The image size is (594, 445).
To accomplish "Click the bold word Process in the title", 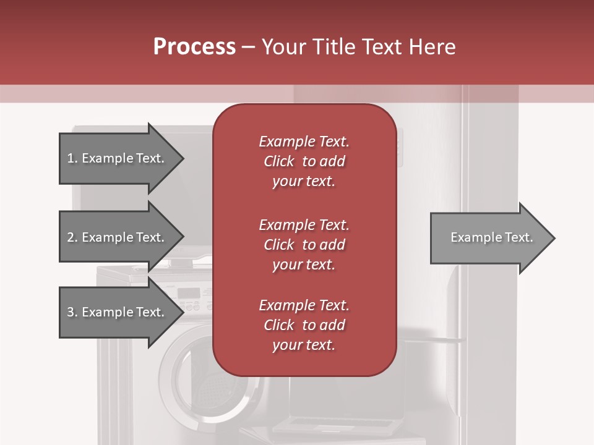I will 194,47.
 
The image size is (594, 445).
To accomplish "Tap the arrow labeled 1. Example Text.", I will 118,158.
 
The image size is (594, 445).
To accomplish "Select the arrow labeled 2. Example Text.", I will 118,237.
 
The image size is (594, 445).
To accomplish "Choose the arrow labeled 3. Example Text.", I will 118,312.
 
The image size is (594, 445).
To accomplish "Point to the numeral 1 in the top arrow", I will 71,158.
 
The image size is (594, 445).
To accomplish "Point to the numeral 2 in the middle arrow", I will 71,237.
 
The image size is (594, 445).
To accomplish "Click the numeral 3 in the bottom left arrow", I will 71,312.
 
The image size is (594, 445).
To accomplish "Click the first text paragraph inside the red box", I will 304,161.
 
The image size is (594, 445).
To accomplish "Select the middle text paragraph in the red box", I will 304,245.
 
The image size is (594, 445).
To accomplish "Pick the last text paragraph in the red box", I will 304,325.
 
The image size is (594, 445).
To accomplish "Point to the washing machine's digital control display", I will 188,293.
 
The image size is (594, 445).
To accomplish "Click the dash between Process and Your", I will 248,48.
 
